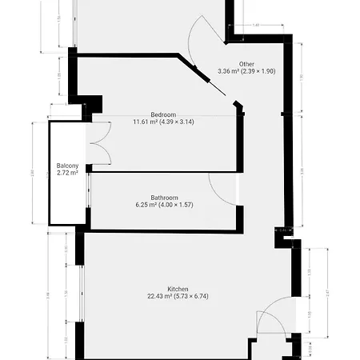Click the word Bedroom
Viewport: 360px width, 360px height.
pos(163,114)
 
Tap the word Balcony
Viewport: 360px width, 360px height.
pos(66,166)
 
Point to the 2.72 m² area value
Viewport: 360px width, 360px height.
pos(66,173)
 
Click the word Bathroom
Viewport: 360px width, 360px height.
pos(166,198)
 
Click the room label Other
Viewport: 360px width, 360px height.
pos(246,63)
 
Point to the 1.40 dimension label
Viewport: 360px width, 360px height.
pos(255,26)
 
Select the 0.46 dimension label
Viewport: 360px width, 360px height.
pos(282,230)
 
